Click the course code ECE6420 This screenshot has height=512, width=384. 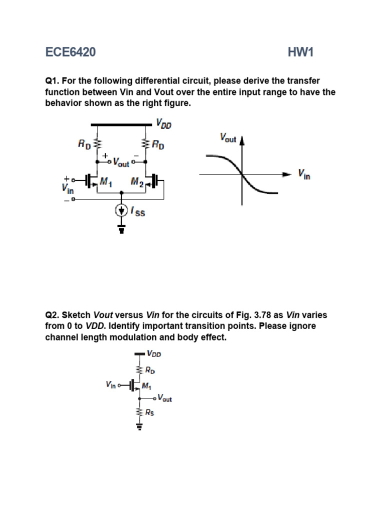[x=70, y=52]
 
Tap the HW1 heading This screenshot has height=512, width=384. [x=300, y=52]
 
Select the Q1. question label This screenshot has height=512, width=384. [x=53, y=80]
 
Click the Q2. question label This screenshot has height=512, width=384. [x=53, y=315]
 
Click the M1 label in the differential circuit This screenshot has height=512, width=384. [x=105, y=182]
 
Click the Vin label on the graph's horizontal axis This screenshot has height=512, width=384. [x=304, y=174]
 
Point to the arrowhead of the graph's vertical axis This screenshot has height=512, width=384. [x=242, y=139]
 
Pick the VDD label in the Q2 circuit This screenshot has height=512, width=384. [x=154, y=353]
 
